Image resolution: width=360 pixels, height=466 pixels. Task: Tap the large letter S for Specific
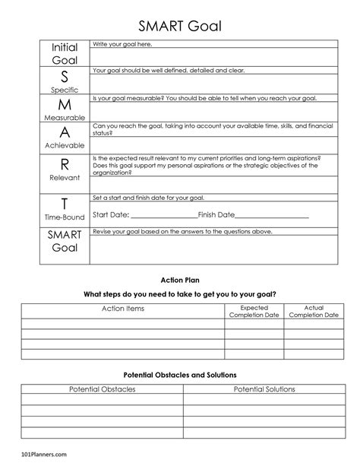(x=65, y=77)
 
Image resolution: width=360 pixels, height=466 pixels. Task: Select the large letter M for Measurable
(x=65, y=104)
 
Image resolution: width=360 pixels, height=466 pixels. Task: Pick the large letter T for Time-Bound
(x=65, y=204)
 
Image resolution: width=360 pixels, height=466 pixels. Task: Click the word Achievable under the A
(x=65, y=145)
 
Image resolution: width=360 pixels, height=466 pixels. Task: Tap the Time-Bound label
(x=65, y=217)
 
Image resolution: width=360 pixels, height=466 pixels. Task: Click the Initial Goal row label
(x=65, y=53)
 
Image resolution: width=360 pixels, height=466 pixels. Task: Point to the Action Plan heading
(x=180, y=280)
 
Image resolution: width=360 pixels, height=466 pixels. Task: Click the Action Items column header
(x=123, y=309)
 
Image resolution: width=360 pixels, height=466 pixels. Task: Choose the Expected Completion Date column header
(x=254, y=311)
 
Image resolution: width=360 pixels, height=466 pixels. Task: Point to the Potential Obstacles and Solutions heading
(x=180, y=375)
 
